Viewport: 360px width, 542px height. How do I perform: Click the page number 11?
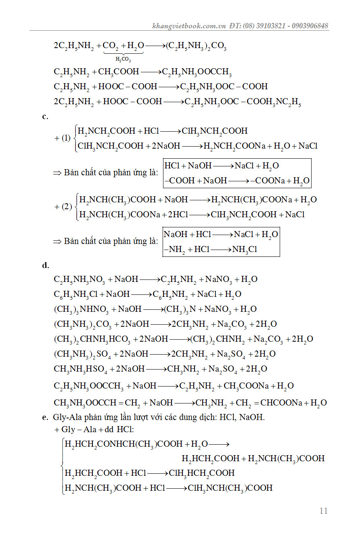click(323, 511)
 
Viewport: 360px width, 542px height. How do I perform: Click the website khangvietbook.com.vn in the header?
click(188, 26)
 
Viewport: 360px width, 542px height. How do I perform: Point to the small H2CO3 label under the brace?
click(123, 59)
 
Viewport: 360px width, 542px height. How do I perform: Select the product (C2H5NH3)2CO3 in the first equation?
click(196, 46)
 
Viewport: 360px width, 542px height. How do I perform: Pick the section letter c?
click(45, 117)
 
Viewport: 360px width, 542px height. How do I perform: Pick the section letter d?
click(45, 265)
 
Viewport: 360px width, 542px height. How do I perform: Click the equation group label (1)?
click(66, 138)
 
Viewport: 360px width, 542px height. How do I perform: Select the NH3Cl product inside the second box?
click(245, 250)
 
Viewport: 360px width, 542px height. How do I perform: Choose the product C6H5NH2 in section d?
click(170, 294)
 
